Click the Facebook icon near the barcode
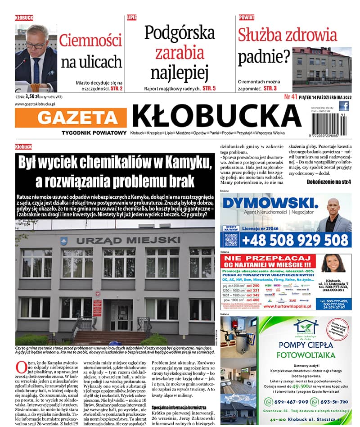pyautogui.click(x=344, y=106)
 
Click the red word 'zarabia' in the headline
pyautogui.click(x=180, y=53)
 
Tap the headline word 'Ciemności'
pyautogui.click(x=90, y=41)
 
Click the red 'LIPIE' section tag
pyautogui.click(x=132, y=18)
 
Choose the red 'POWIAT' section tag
pyautogui.click(x=246, y=18)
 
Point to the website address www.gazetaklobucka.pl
pyautogui.click(x=35, y=104)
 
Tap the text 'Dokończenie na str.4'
pyautogui.click(x=328, y=182)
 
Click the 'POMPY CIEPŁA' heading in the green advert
pyautogui.click(x=306, y=345)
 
